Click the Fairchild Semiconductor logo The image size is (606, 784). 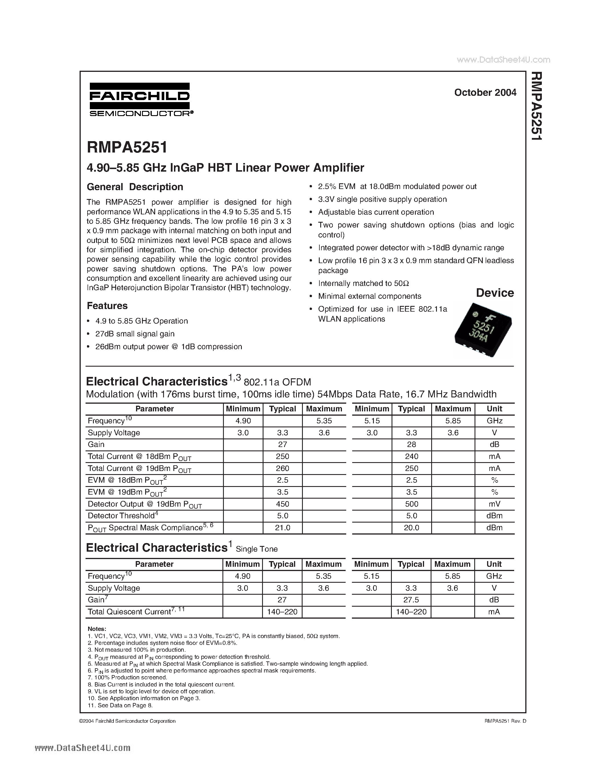(x=140, y=99)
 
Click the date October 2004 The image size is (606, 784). (x=485, y=93)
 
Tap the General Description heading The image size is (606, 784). (x=135, y=187)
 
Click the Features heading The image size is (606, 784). (x=107, y=306)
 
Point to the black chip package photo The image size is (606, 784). (x=483, y=330)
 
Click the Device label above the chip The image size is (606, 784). (x=495, y=293)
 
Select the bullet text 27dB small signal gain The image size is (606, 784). (x=135, y=334)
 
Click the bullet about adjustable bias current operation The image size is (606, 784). (x=376, y=212)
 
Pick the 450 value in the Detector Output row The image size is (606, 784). (x=283, y=504)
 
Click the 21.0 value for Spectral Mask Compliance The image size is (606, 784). (x=283, y=528)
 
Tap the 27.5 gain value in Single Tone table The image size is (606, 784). (x=411, y=600)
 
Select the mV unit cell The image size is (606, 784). (x=494, y=504)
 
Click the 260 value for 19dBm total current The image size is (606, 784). (x=283, y=468)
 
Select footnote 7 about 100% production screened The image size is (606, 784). (x=127, y=677)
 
